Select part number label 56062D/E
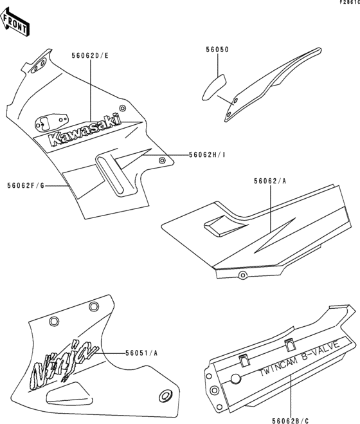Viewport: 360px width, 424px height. point(91,55)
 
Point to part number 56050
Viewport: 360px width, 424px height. point(217,49)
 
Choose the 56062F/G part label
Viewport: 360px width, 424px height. point(26,185)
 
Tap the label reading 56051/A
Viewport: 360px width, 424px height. point(142,353)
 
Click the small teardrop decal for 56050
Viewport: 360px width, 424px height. point(212,86)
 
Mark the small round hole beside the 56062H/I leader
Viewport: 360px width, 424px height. point(162,160)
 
